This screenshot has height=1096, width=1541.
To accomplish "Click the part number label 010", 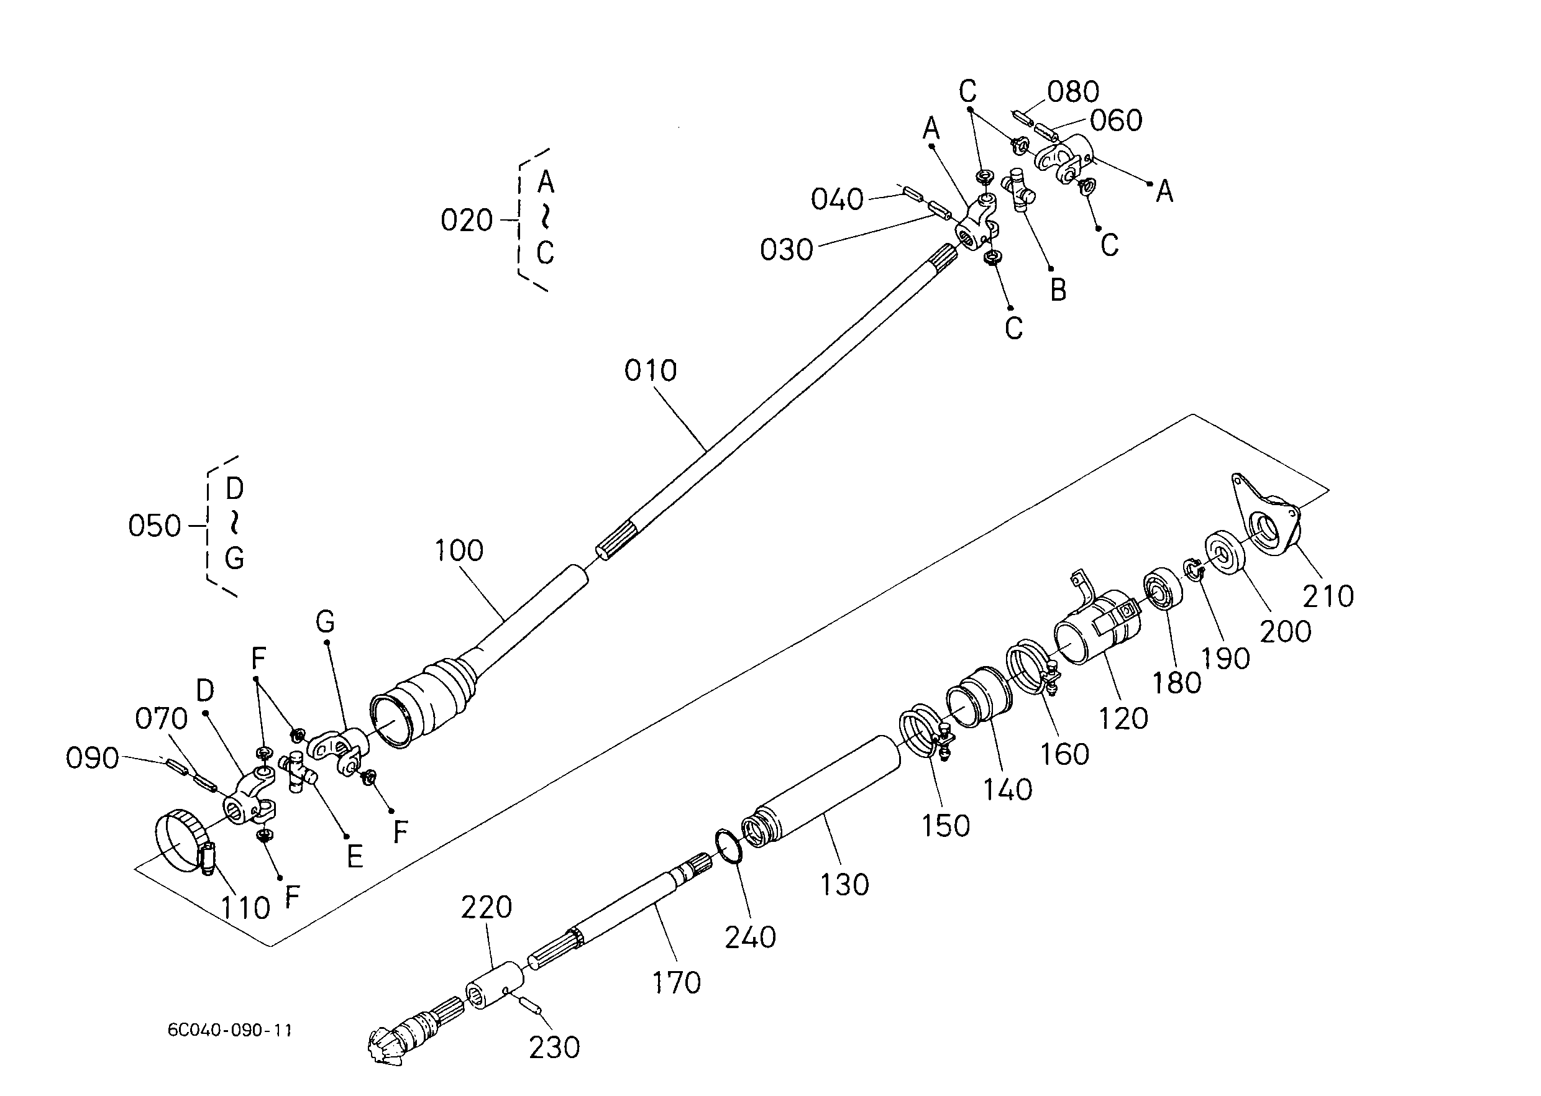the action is (x=650, y=370).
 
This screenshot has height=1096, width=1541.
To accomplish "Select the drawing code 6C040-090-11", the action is (x=229, y=1030).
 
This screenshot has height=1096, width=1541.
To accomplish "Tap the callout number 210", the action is (x=1328, y=596).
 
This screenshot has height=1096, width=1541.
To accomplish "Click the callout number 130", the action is (x=844, y=885).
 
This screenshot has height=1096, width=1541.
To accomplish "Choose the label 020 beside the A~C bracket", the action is (x=467, y=221).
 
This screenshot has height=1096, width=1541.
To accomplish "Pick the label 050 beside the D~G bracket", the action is (x=155, y=526).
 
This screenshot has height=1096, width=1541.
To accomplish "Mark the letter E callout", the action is (x=354, y=857).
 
